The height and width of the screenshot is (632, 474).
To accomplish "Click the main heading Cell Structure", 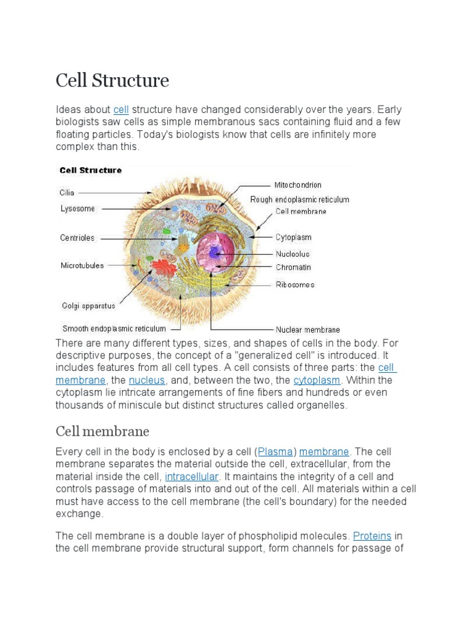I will click(x=112, y=81).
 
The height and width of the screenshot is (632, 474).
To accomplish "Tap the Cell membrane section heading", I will click(x=102, y=431).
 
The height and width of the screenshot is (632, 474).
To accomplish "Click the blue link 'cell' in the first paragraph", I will click(x=121, y=110).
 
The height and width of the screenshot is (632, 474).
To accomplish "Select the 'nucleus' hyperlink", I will click(x=146, y=380).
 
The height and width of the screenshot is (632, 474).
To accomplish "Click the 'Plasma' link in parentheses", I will click(x=275, y=452).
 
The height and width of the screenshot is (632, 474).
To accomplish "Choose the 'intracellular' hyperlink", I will click(x=192, y=476).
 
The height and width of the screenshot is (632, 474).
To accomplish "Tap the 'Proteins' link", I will click(x=372, y=536).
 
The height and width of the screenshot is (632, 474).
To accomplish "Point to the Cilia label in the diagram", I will click(x=67, y=193).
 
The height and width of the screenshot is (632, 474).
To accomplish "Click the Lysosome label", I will click(x=78, y=209).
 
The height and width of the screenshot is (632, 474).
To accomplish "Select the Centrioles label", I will click(x=77, y=238).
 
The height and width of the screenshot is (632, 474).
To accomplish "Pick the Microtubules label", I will click(x=82, y=265).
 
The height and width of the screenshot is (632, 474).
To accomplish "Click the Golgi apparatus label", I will click(x=88, y=306).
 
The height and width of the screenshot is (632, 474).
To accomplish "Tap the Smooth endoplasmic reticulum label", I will click(x=114, y=329).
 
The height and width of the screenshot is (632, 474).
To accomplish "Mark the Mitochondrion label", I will click(x=298, y=185).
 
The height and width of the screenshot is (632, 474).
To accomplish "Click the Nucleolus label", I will click(x=293, y=254).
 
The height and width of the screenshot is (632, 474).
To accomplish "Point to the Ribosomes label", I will click(x=295, y=285).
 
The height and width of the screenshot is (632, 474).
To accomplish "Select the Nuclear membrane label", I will click(x=307, y=330).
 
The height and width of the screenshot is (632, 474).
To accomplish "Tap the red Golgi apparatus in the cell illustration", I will click(x=164, y=267).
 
